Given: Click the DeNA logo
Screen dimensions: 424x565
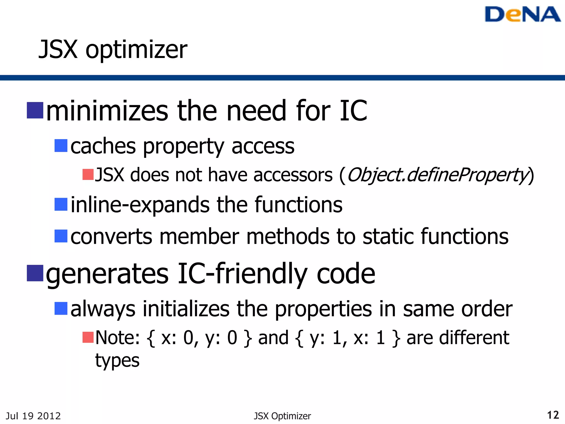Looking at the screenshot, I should (522, 14).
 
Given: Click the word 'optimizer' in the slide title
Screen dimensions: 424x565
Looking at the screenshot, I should (136, 50).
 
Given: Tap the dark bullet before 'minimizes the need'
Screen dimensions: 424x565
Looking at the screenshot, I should (35, 110).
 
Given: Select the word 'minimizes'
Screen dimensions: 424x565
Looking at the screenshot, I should (107, 111).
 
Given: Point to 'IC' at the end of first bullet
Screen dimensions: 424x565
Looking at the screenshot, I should (353, 111).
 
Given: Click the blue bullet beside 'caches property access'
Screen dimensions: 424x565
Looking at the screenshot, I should (61, 145).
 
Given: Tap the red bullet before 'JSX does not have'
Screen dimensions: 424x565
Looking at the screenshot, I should (88, 174).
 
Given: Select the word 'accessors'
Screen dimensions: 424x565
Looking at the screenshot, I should (293, 175).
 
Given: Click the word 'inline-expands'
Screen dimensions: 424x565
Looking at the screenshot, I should (140, 205).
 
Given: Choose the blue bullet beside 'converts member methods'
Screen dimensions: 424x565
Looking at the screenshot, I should (61, 236).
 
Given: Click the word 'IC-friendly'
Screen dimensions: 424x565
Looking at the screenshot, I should (242, 274).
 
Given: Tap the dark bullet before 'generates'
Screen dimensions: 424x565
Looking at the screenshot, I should (35, 273).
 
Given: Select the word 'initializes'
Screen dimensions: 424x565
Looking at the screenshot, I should (186, 309).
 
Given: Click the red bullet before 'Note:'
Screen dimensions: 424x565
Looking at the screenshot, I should (88, 337).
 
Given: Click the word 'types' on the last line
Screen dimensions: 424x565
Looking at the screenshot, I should (117, 361).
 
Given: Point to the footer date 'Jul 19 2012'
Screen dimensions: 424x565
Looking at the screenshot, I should (33, 416).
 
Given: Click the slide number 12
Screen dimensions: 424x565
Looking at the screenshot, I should (553, 415).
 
